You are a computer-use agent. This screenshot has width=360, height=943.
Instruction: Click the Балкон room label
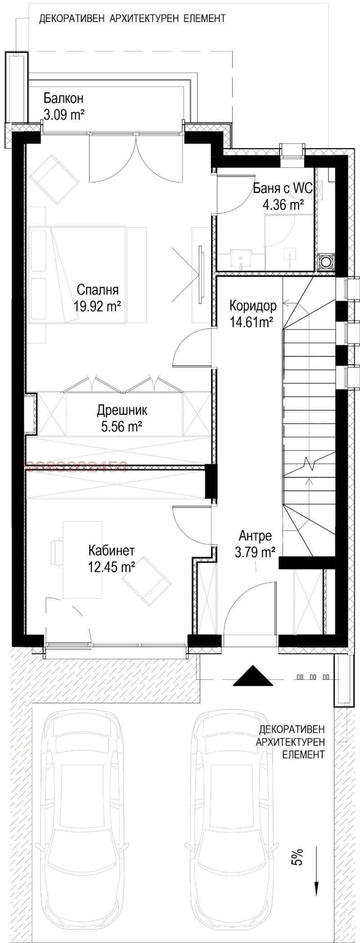tap(63, 98)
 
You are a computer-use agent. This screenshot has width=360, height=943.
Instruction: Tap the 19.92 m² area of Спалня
tap(97, 307)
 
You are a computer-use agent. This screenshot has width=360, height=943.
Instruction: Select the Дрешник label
tap(122, 410)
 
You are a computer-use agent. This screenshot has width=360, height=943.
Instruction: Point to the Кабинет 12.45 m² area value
tap(112, 567)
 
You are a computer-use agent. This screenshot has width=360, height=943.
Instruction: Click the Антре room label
tap(255, 536)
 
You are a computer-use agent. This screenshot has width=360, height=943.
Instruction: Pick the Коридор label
tap(252, 305)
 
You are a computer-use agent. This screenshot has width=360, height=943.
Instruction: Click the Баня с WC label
tap(283, 189)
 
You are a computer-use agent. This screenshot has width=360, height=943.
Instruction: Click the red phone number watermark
tap(77, 467)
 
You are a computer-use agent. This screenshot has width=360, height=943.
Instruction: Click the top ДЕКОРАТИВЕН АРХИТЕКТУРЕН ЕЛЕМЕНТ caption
tap(132, 19)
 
